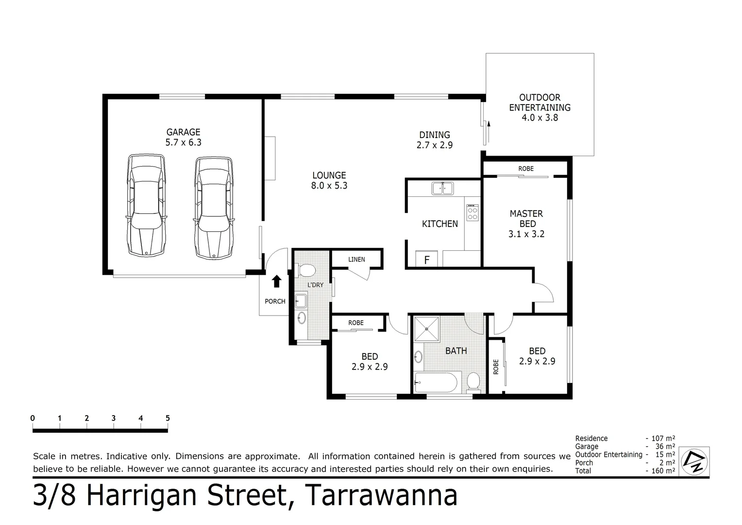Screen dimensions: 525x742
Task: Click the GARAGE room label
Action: [183, 132]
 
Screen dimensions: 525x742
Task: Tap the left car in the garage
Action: [146, 206]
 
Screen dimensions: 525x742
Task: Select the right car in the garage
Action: [214, 207]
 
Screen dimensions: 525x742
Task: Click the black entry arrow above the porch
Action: [276, 281]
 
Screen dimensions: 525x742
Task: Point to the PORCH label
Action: [275, 301]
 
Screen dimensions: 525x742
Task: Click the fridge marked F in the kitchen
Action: [427, 260]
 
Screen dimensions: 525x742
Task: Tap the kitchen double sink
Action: [442, 188]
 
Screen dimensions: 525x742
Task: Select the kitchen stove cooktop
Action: [472, 213]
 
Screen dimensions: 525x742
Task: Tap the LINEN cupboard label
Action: [356, 260]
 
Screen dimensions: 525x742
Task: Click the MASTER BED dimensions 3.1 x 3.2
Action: [526, 234]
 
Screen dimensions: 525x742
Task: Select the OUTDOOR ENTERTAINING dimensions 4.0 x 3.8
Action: [540, 118]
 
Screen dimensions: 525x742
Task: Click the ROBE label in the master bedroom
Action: [525, 169]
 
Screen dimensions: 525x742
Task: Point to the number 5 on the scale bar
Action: [168, 418]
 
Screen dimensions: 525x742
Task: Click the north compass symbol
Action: [694, 461]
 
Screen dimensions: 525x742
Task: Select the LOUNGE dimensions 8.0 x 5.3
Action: [329, 186]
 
